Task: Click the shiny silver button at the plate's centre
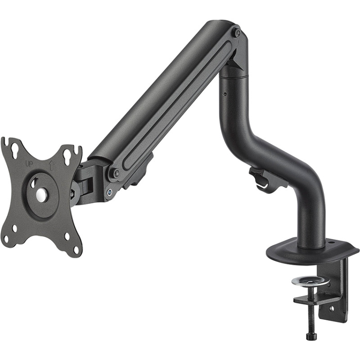(41, 194)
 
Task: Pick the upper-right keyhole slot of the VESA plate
(69, 156)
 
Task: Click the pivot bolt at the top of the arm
(237, 32)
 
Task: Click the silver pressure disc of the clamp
(310, 281)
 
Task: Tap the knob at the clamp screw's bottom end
(311, 336)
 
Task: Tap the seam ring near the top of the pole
(233, 76)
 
